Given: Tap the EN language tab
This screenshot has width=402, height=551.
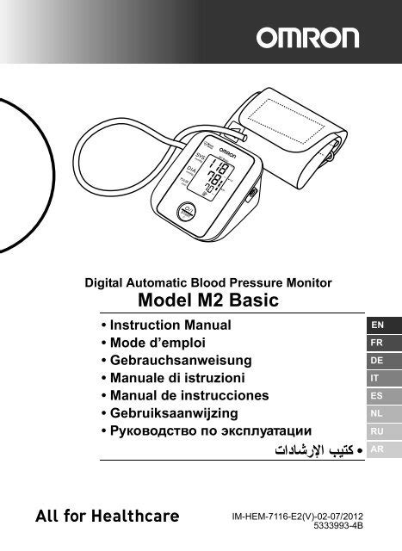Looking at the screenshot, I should click(x=376, y=325).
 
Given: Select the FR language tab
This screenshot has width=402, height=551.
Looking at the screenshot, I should click(x=376, y=343).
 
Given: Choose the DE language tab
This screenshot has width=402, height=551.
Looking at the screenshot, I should click(x=376, y=361).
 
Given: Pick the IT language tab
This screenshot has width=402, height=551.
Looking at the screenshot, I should click(x=376, y=379).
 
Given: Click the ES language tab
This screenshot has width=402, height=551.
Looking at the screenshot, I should click(x=376, y=397).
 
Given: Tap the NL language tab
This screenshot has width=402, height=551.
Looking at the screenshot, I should click(x=376, y=414).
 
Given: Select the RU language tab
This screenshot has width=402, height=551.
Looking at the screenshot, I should click(x=376, y=432).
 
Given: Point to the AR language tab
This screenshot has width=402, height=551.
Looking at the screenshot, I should click(x=376, y=450).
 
